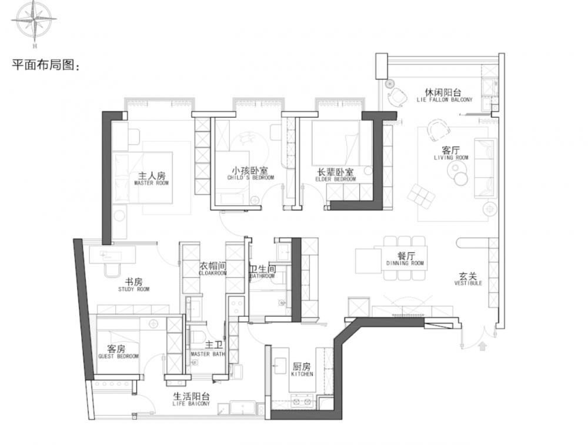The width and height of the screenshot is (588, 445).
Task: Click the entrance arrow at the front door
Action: point(483,346)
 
